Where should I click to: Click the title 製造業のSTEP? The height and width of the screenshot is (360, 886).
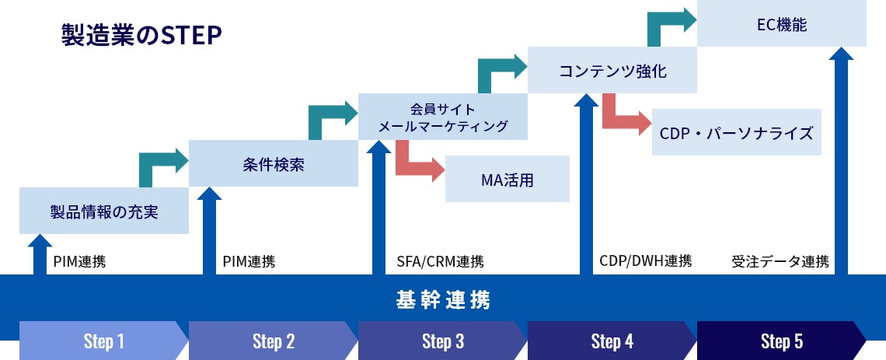coord(141,36)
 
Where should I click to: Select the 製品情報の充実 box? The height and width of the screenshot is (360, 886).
coord(104,211)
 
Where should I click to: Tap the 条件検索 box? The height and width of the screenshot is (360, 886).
coord(273,164)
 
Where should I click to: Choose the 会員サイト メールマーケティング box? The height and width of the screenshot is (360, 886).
coord(442,117)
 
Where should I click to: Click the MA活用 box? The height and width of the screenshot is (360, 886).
coord(507,180)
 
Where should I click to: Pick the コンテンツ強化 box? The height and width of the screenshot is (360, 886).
coord(612,71)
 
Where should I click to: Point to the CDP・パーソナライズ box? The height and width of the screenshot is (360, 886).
coord(736,132)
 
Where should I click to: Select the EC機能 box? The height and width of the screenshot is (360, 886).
coord(781,24)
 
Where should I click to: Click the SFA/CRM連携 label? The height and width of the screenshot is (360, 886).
coord(440,261)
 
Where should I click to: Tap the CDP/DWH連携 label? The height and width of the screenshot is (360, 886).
coord(645,260)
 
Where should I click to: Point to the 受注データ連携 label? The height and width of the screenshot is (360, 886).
coord(780,261)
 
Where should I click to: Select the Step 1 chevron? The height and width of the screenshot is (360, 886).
coord(104,341)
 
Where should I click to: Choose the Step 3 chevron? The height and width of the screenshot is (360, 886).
coord(443,341)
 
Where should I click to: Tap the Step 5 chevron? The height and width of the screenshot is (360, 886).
coord(781,341)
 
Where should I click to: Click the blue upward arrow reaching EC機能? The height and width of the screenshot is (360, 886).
coord(840,156)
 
